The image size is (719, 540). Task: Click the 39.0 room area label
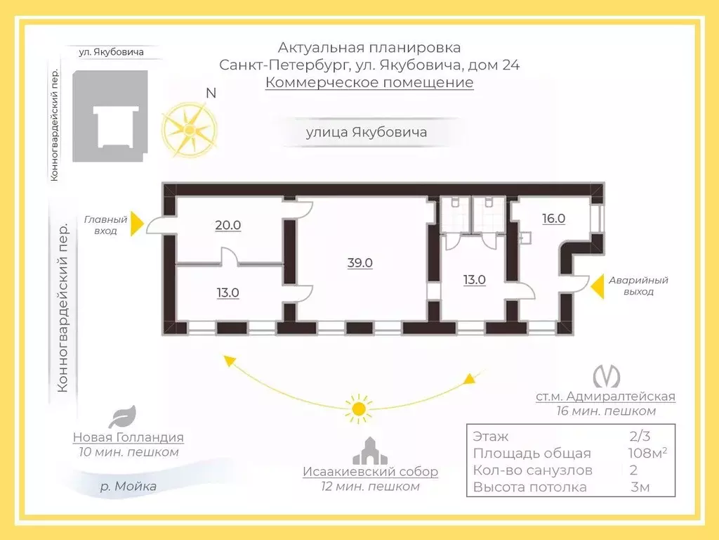coord(360,263)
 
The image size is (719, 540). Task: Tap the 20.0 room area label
coord(228,226)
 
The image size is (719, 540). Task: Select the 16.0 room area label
coord(553,219)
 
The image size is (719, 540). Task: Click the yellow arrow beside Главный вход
coord(138,224)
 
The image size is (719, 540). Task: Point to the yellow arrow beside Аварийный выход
coord(597,286)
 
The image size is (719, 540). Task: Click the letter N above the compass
coord(211,94)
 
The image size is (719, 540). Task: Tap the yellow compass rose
coord(189,129)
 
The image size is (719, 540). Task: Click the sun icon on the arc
coord(359,409)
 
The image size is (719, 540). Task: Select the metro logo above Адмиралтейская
coord(606,377)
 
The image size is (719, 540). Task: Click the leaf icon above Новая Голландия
coord(123,416)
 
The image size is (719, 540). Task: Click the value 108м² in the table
coord(647,454)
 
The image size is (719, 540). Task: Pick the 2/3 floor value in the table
coord(640,436)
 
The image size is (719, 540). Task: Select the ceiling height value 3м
coord(640,487)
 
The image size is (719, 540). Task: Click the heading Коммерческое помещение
coord(369,83)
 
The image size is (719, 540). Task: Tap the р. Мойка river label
coord(128,487)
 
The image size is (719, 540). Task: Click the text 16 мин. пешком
coord(606,411)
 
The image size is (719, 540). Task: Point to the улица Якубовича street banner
coord(367,132)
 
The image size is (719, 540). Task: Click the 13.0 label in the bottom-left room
coord(228,293)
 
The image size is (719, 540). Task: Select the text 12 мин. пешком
coord(371,487)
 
